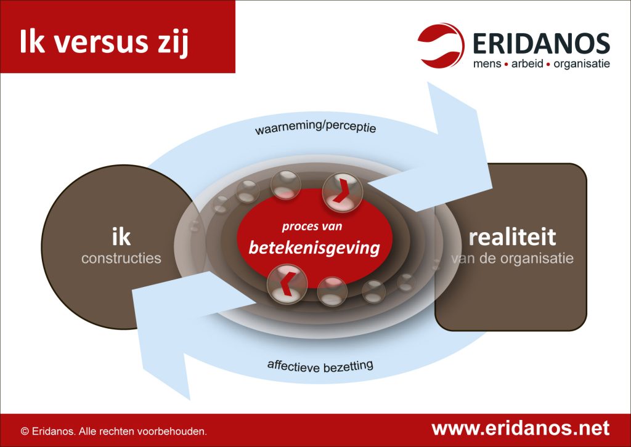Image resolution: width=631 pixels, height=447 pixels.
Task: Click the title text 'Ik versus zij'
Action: [104, 42]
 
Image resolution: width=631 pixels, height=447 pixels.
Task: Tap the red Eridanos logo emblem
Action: [441, 45]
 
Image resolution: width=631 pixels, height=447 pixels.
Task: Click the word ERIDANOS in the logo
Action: [541, 44]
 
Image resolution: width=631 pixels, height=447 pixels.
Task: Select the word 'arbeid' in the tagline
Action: [527, 63]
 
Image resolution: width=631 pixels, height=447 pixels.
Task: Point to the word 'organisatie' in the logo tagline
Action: [582, 64]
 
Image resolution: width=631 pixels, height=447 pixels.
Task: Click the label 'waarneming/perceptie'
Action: [315, 127]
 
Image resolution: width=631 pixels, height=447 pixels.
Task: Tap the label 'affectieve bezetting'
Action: [320, 366]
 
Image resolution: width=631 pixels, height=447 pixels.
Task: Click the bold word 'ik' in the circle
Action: [121, 236]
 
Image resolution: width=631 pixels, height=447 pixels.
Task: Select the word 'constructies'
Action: [121, 258]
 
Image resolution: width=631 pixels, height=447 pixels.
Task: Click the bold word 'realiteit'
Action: [512, 237]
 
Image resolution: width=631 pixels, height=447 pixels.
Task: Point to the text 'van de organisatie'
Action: [512, 259]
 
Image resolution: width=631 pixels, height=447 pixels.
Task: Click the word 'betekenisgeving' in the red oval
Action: [314, 248]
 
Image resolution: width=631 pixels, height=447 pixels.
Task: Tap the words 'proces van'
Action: [312, 227]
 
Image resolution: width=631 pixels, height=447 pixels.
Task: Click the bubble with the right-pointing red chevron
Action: [343, 192]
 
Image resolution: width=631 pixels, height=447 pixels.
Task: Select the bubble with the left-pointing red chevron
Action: [287, 284]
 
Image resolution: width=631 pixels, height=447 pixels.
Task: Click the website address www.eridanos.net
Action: [520, 428]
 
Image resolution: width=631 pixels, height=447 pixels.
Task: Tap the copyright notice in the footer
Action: [114, 432]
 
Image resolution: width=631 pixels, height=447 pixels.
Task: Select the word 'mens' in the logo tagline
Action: [487, 64]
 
